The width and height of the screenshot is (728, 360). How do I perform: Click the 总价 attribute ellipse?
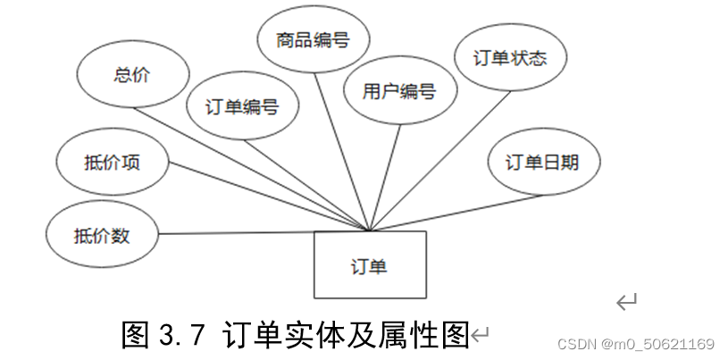pyautogui.click(x=133, y=75)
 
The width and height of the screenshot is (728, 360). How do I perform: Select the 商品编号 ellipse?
pyautogui.click(x=313, y=40)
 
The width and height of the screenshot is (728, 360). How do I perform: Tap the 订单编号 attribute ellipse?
pyautogui.click(x=242, y=107)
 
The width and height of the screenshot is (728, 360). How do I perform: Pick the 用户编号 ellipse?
pyautogui.click(x=399, y=90)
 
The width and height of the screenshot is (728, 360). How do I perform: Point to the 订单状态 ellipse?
pyautogui.click(x=510, y=59)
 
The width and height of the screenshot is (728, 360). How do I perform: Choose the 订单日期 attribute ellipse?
pyautogui.click(x=543, y=162)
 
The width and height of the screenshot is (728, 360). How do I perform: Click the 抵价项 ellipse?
pyautogui.click(x=113, y=163)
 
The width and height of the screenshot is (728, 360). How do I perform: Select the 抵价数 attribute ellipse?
pyautogui.click(x=103, y=235)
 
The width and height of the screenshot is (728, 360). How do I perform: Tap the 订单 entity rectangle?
pyautogui.click(x=369, y=264)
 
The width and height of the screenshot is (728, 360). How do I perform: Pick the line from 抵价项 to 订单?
pyautogui.click(x=268, y=197)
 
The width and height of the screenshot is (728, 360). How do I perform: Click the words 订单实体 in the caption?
pyautogui.click(x=277, y=336)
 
